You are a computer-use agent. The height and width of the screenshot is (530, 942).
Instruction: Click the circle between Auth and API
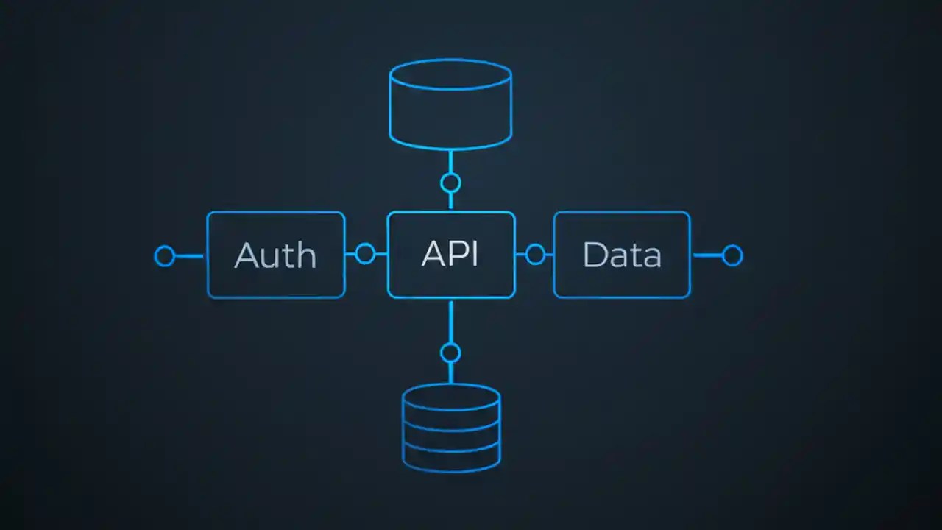[365, 255]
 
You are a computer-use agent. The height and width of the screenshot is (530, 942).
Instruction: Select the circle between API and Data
[535, 255]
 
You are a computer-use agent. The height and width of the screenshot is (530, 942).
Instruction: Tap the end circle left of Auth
[165, 256]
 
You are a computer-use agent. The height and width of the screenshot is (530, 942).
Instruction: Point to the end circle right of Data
[732, 255]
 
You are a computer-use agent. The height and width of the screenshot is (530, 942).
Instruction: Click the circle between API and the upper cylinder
[450, 183]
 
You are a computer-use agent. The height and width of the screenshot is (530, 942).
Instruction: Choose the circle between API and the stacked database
[450, 353]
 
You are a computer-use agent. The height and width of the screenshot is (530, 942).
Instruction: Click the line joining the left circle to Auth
[190, 256]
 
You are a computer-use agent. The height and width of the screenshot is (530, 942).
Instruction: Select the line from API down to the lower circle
[450, 320]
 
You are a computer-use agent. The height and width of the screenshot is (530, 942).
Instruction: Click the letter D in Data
[595, 255]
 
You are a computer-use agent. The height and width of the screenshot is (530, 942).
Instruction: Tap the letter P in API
[456, 254]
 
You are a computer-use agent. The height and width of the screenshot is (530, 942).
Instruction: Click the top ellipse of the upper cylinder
[450, 74]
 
